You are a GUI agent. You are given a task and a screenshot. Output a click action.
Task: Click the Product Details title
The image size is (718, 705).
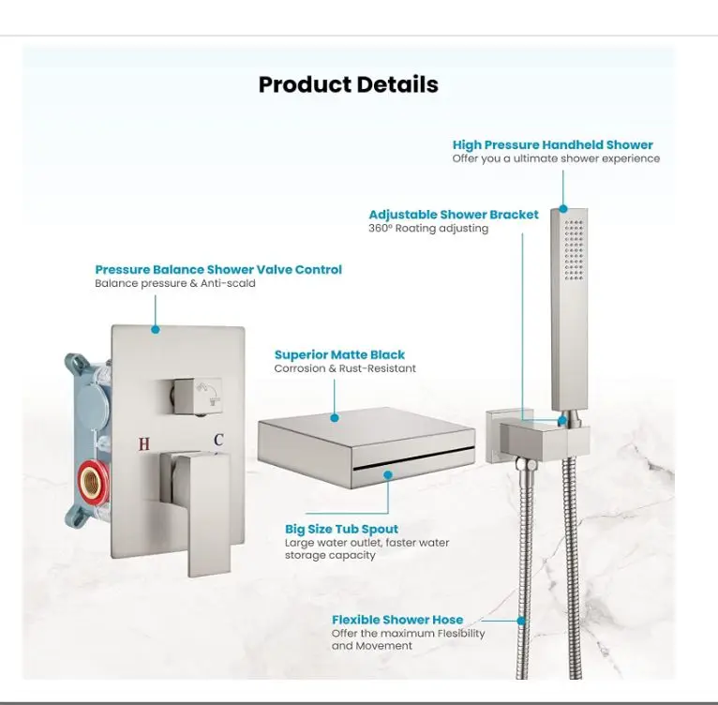tap(349, 84)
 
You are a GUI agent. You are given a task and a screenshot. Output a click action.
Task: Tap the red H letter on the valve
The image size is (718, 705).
tap(144, 443)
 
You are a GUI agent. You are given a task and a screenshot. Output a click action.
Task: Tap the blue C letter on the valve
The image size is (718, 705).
tap(218, 440)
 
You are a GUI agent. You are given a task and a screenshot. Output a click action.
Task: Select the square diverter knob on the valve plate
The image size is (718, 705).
tap(196, 393)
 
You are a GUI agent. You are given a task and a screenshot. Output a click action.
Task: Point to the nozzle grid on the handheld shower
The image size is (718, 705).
tap(575, 249)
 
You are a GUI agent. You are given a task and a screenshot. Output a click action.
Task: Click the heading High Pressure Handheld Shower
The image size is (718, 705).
tap(553, 144)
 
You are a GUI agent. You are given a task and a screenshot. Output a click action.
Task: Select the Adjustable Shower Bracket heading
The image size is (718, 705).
tap(454, 215)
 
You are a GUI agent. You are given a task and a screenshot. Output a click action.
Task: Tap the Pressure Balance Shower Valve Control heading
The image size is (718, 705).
tap(218, 269)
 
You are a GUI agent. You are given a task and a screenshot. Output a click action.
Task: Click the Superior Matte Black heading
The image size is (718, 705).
tap(339, 354)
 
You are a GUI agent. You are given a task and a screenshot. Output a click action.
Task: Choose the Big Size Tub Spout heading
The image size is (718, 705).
tap(341, 529)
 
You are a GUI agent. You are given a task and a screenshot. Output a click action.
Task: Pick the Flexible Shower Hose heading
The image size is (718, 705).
tap(397, 620)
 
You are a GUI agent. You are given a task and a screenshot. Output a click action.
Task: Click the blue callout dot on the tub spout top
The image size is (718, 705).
tap(335, 418)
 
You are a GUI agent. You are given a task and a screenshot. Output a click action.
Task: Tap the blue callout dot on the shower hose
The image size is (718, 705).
tap(521, 622)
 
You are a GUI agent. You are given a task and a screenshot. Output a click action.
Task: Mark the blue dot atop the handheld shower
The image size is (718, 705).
tap(563, 209)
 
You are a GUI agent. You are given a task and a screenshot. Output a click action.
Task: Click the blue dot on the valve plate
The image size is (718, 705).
tap(156, 329)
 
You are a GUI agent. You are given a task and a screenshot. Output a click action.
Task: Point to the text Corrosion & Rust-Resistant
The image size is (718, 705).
tap(345, 368)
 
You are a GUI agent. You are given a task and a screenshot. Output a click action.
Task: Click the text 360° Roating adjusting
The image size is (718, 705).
tap(428, 228)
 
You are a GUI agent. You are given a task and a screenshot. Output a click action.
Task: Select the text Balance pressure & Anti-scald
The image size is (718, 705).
tap(175, 283)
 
